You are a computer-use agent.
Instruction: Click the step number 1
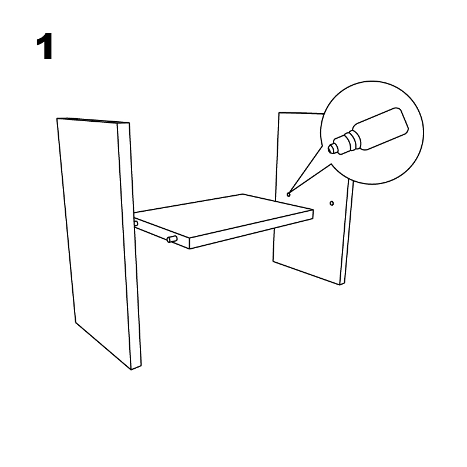45,46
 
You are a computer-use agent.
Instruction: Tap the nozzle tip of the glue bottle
331,148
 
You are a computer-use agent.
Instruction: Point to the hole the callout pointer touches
288,195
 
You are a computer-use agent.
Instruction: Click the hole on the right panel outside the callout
331,204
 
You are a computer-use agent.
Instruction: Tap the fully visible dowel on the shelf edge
172,239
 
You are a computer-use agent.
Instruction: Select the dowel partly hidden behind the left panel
136,224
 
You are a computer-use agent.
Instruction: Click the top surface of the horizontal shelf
223,216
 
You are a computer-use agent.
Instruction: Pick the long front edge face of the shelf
251,229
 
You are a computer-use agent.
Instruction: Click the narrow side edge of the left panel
129,245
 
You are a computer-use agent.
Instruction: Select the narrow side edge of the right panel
347,232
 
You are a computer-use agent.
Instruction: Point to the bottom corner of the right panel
340,285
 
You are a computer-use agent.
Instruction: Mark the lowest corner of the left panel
132,370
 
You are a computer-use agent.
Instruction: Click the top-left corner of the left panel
57,118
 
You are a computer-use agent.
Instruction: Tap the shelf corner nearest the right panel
313,209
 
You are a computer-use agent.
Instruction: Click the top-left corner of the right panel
279,112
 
